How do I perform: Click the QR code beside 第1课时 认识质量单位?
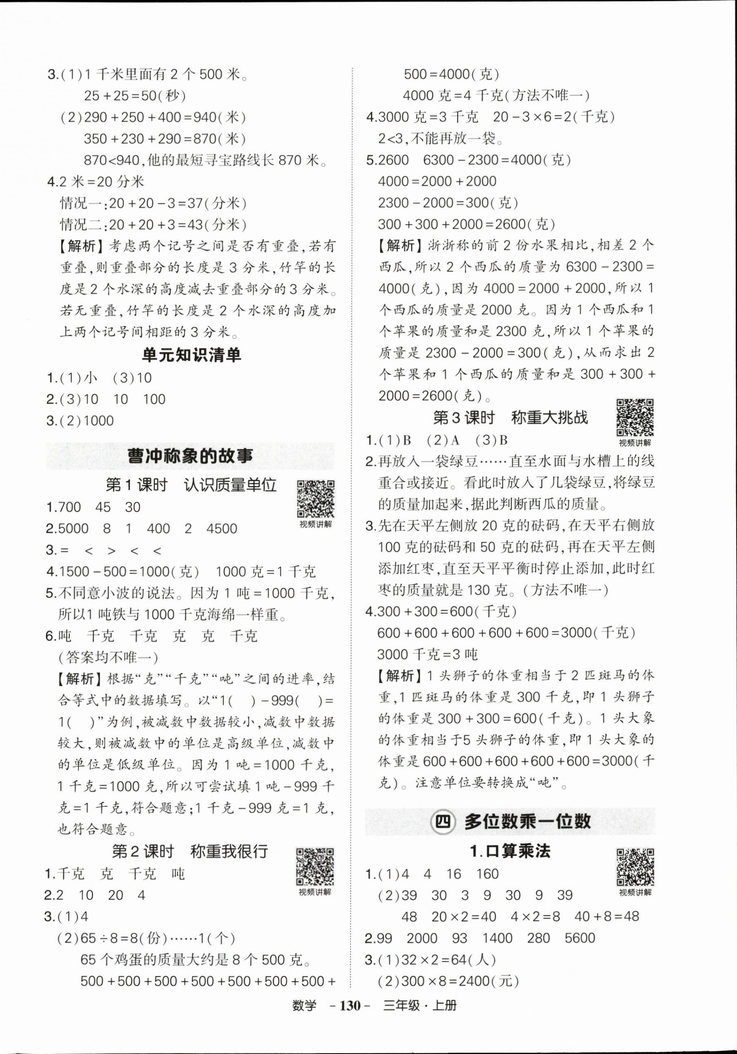[315, 499]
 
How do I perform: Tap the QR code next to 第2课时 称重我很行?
[315, 866]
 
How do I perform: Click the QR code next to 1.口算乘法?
[635, 867]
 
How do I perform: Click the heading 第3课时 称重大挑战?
[510, 418]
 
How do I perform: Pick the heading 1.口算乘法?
[510, 851]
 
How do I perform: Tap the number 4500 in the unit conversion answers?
[222, 528]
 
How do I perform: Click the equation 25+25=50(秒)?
[135, 96]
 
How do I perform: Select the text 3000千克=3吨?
[427, 654]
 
